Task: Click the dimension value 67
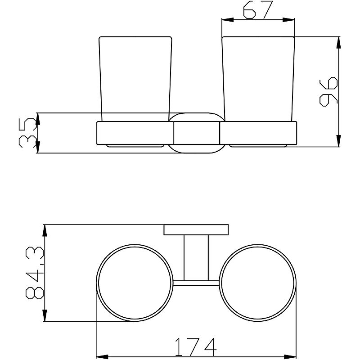[258, 9]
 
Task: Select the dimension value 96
[329, 92]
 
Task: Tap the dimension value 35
[28, 133]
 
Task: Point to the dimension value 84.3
[35, 273]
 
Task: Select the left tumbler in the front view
[135, 79]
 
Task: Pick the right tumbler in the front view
[258, 79]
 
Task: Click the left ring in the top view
[97, 283]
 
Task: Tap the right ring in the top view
[220, 283]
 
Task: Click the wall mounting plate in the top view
[196, 229]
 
